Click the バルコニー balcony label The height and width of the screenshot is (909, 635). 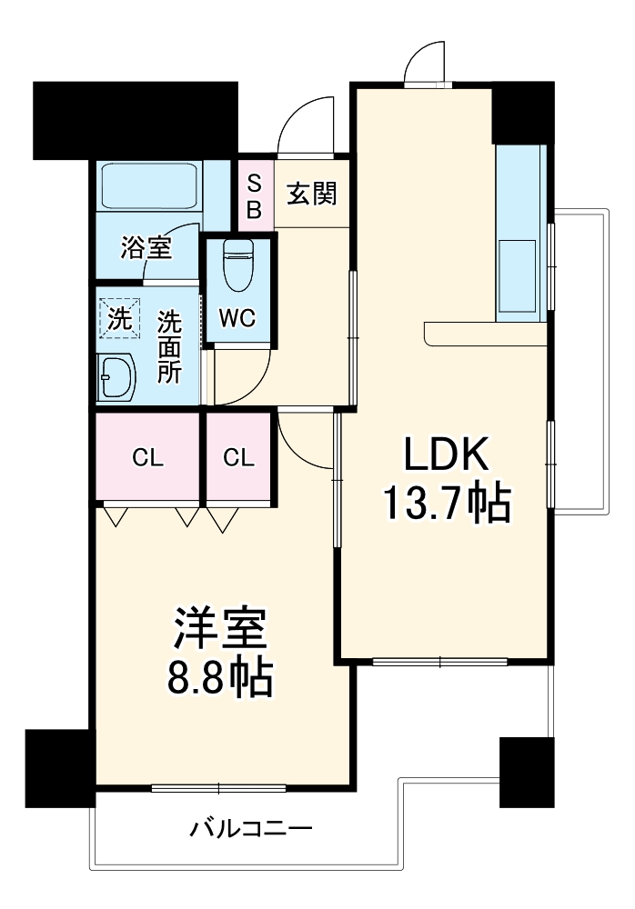click(x=251, y=829)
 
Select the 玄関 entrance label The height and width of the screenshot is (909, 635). click(x=313, y=194)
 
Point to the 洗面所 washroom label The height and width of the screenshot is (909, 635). click(x=169, y=347)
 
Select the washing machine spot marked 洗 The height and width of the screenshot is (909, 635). click(x=119, y=318)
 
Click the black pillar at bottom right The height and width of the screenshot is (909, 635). click(x=527, y=772)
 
